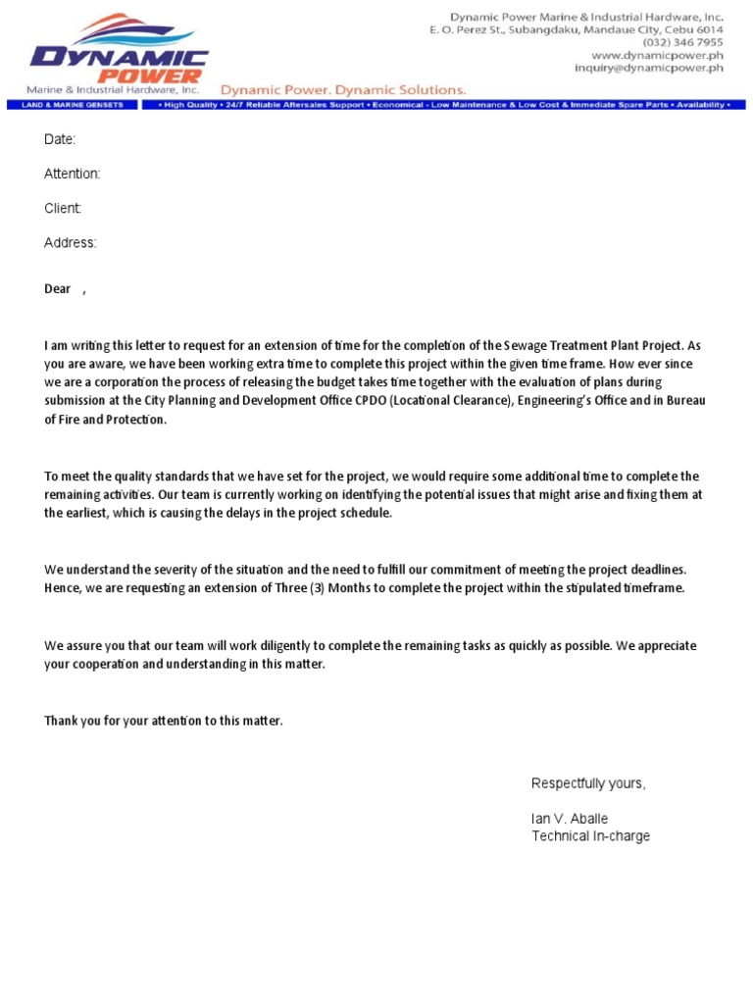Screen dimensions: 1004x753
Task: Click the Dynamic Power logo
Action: (118, 54)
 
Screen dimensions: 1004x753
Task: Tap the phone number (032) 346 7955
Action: (682, 43)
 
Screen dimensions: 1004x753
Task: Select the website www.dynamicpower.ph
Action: (657, 56)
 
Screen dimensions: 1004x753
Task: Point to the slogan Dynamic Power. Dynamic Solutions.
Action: (341, 89)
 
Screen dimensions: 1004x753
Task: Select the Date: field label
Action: (60, 140)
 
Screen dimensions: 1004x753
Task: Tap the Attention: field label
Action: (73, 175)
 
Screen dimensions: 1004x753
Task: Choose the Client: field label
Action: (63, 209)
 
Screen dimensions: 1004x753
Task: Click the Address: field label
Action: (71, 243)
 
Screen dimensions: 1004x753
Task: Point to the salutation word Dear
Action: (58, 289)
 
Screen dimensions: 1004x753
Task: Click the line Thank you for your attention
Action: (164, 721)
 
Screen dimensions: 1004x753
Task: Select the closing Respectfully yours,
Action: (588, 783)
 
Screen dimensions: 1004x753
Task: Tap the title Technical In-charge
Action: (590, 836)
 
